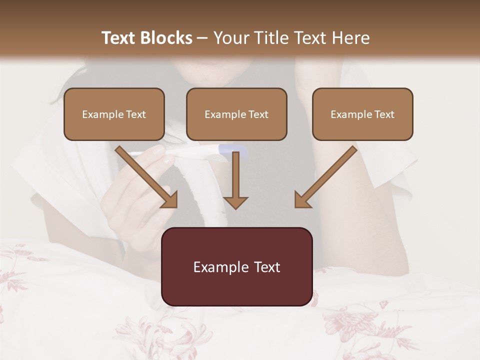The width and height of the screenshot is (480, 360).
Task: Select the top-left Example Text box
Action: [x=114, y=114]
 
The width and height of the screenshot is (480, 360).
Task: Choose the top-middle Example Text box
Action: [x=236, y=114]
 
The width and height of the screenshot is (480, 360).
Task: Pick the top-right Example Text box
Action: [x=362, y=114]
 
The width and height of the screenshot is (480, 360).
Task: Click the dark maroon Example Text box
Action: [x=237, y=267]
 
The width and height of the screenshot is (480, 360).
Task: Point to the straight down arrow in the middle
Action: [x=235, y=180]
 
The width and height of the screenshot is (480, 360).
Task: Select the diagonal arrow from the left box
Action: [x=145, y=175]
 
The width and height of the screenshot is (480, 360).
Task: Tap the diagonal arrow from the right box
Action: [x=327, y=175]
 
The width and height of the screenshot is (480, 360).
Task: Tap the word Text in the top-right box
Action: [x=384, y=114]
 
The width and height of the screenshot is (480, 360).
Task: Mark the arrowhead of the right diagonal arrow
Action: [x=302, y=200]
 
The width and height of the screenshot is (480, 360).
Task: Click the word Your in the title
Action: [x=229, y=38]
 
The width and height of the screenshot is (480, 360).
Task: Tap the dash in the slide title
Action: [x=202, y=38]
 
